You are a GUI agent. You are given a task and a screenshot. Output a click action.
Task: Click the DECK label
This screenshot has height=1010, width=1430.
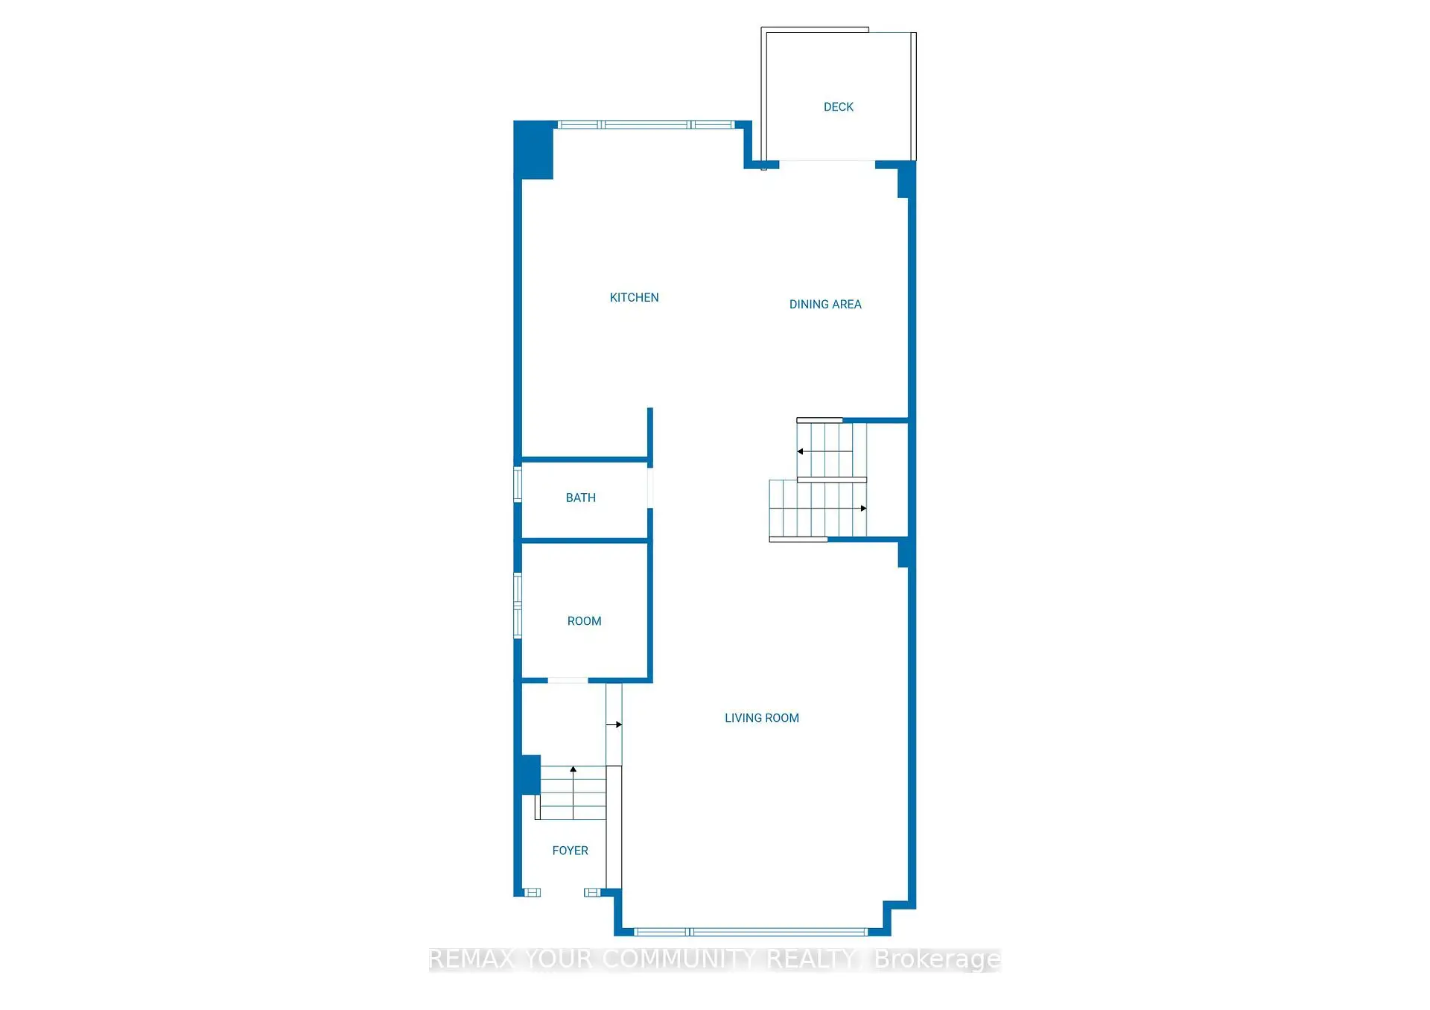click(x=838, y=107)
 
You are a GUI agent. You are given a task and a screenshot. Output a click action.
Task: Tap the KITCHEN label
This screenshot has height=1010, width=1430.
click(x=634, y=298)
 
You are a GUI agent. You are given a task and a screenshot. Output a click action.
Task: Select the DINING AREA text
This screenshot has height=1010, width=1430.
click(x=824, y=305)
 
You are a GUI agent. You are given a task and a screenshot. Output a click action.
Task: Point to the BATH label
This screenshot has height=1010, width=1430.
click(x=580, y=498)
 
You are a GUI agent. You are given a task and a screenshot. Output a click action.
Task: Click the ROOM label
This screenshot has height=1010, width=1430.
click(x=584, y=621)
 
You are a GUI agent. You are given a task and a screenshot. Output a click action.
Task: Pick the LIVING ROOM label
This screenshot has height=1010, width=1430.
click(x=761, y=718)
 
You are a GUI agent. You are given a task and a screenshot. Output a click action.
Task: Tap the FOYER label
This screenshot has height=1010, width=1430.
click(x=570, y=851)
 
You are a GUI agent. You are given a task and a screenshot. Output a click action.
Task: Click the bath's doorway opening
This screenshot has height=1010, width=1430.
click(x=650, y=488)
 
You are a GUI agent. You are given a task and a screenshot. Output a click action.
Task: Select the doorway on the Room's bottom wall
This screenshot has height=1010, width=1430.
click(x=568, y=680)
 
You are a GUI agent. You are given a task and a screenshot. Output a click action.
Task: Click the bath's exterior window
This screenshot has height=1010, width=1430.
click(x=518, y=484)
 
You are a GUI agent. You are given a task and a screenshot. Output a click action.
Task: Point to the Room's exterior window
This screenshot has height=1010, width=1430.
click(x=518, y=606)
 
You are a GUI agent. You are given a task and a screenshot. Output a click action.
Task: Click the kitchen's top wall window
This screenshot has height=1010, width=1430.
click(x=646, y=124)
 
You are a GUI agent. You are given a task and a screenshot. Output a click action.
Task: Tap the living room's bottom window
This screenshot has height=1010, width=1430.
click(x=750, y=932)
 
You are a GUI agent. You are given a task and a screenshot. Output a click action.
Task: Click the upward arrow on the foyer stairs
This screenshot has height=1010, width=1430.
click(x=573, y=769)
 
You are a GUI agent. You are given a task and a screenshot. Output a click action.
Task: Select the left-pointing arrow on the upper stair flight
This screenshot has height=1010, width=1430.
click(x=801, y=451)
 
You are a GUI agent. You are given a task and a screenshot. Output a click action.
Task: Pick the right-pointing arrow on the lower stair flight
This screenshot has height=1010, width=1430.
click(x=863, y=509)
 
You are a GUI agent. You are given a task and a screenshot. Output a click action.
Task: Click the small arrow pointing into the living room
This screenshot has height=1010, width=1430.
click(x=617, y=724)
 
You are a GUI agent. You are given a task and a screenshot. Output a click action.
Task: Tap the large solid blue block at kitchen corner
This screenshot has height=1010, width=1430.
click(x=534, y=150)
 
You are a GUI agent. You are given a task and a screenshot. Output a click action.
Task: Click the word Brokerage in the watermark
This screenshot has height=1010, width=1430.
click(x=937, y=959)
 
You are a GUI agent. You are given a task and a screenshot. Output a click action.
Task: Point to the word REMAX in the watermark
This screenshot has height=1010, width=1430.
click(x=471, y=959)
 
